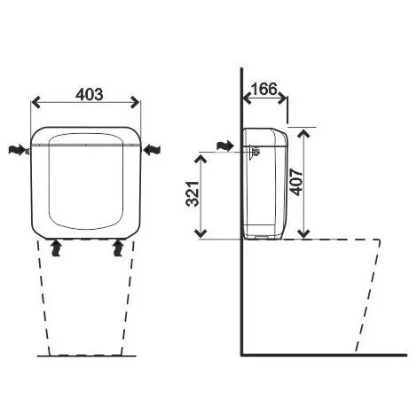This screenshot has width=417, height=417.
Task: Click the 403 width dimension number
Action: coord(90,95)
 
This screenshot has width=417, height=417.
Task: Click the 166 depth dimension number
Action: coord(264,89)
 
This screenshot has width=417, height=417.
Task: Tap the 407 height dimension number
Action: coord(296,182)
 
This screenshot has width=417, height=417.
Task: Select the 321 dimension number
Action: coord(193,193)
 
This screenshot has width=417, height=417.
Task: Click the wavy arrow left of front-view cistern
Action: coord(16,150)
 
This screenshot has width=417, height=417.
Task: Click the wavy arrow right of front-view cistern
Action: coord(152,149)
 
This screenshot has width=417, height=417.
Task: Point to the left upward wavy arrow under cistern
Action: coord(56,248)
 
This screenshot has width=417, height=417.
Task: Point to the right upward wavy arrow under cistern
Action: coord(119,248)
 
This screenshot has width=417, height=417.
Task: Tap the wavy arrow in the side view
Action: coord(225,146)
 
